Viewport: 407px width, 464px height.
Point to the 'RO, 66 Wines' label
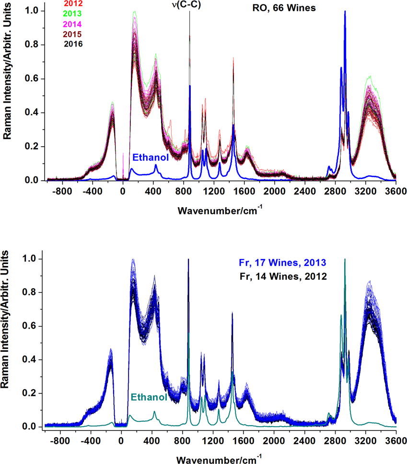click(x=284, y=8)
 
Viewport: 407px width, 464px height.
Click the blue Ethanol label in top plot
click(x=151, y=157)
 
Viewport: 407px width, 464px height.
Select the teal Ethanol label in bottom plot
click(x=149, y=397)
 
